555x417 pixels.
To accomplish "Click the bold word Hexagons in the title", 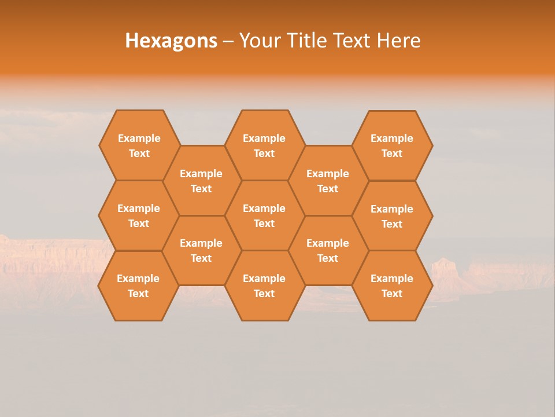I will point(171,41).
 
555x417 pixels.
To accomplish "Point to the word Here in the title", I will point(398,41).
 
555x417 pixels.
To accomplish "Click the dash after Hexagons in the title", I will point(228,41).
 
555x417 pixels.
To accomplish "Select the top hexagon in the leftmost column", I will point(139,145).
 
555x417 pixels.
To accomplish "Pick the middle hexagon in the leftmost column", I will point(139,215).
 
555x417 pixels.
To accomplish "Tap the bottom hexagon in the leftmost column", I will point(138,286).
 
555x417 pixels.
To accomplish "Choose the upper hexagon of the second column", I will point(201,181).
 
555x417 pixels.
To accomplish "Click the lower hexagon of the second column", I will point(201,250).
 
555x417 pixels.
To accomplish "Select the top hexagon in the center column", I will point(264,145).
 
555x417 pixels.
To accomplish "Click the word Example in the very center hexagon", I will point(264,209).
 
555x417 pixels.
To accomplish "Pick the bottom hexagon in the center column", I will point(264,286).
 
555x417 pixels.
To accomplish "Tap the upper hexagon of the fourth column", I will point(328,181).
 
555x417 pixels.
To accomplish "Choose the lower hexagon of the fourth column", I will point(328,250).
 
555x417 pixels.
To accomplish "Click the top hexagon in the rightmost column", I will point(392,145).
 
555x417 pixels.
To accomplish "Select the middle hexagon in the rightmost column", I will point(392,216).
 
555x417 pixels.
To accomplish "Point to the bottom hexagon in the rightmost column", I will point(392,286).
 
